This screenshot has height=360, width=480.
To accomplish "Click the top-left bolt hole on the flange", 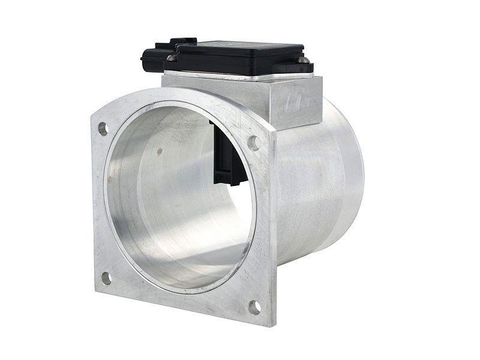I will tap(103, 128).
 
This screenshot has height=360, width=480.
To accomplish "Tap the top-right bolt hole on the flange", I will tap(254, 143).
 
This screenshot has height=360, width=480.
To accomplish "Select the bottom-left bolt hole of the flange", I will tap(106, 278).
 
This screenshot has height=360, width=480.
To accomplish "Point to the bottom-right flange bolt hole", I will tap(254, 307).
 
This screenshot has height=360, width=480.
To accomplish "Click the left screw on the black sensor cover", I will tap(172, 58).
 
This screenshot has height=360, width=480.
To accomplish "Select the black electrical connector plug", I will tap(153, 57).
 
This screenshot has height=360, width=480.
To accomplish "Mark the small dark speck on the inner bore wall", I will tap(160, 152).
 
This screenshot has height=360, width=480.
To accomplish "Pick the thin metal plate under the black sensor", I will tap(240, 76).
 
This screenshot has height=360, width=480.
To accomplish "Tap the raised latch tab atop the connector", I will tap(183, 41).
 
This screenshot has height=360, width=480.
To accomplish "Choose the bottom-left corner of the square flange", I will tap(96, 288).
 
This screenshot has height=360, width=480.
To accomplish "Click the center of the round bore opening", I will tap(180, 198).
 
